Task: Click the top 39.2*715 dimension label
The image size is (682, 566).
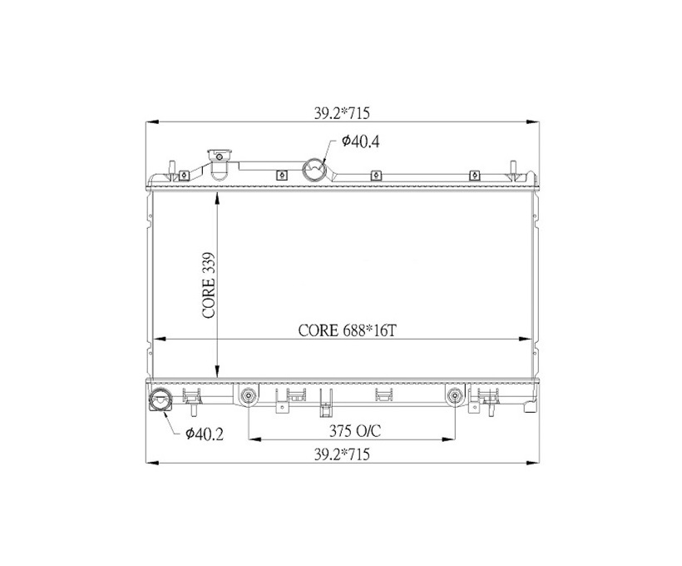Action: [342, 113]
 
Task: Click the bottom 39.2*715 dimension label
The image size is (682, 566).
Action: [342, 454]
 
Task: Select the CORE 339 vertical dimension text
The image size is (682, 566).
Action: [210, 285]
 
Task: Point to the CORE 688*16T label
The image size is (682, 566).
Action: [347, 330]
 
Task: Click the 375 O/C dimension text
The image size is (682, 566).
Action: [355, 431]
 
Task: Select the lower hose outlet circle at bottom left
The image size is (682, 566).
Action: [160, 400]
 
